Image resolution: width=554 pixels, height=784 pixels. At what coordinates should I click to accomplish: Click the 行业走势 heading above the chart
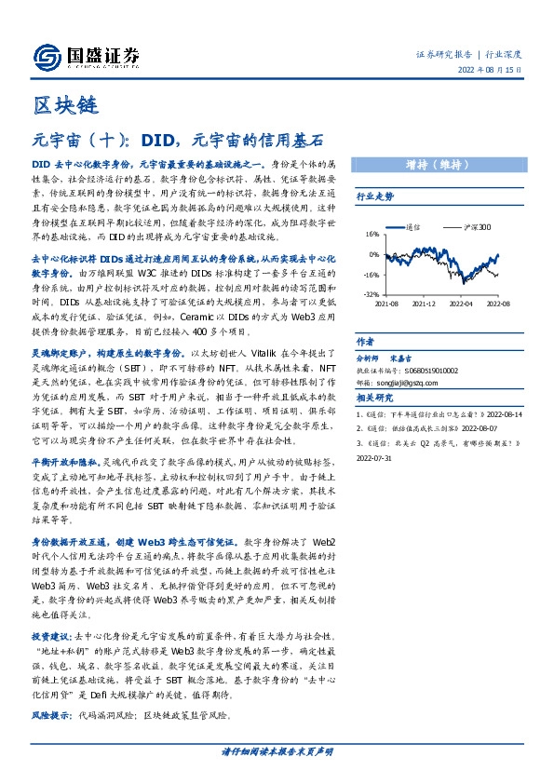375,196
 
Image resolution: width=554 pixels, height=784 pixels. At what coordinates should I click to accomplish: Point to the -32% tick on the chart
371,293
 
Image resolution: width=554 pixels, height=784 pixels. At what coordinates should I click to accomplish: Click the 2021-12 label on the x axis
424,304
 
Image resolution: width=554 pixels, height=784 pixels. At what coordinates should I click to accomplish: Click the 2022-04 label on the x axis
463,304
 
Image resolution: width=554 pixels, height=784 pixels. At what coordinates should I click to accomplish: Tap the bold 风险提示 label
53,716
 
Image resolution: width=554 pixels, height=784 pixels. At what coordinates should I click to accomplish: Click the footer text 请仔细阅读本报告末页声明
277,751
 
